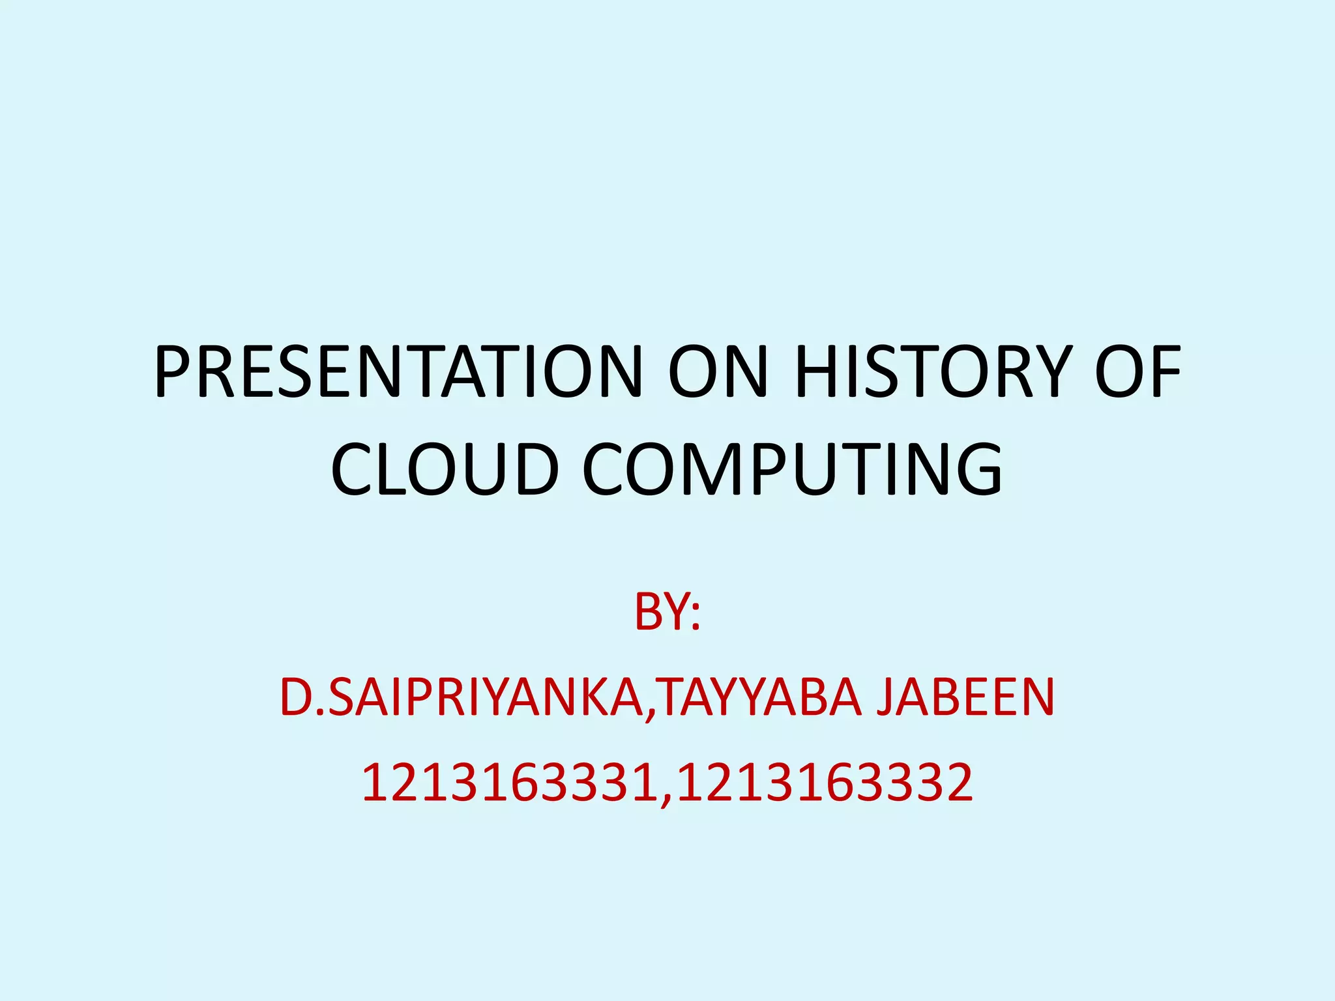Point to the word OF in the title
1137,372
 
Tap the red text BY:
667,613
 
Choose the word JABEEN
965,697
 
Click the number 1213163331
509,782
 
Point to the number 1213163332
825,782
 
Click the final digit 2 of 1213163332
959,782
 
